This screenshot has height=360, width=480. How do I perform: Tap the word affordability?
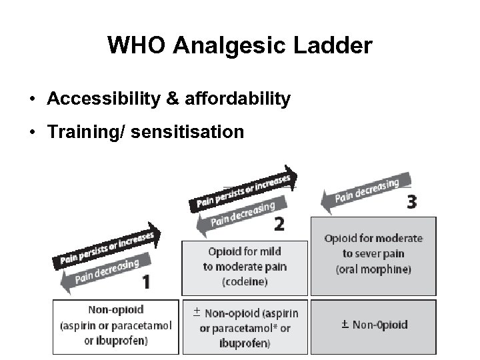tap(239, 99)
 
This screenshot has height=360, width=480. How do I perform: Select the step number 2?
tap(279, 224)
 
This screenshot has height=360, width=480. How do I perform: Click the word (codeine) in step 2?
tap(244, 281)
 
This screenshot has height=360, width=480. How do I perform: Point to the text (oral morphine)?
tap(373, 269)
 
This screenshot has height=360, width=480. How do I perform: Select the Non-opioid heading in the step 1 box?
tap(116, 310)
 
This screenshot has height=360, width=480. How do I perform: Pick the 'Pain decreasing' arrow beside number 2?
tap(237, 215)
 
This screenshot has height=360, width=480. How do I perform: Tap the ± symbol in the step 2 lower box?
tap(197, 311)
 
